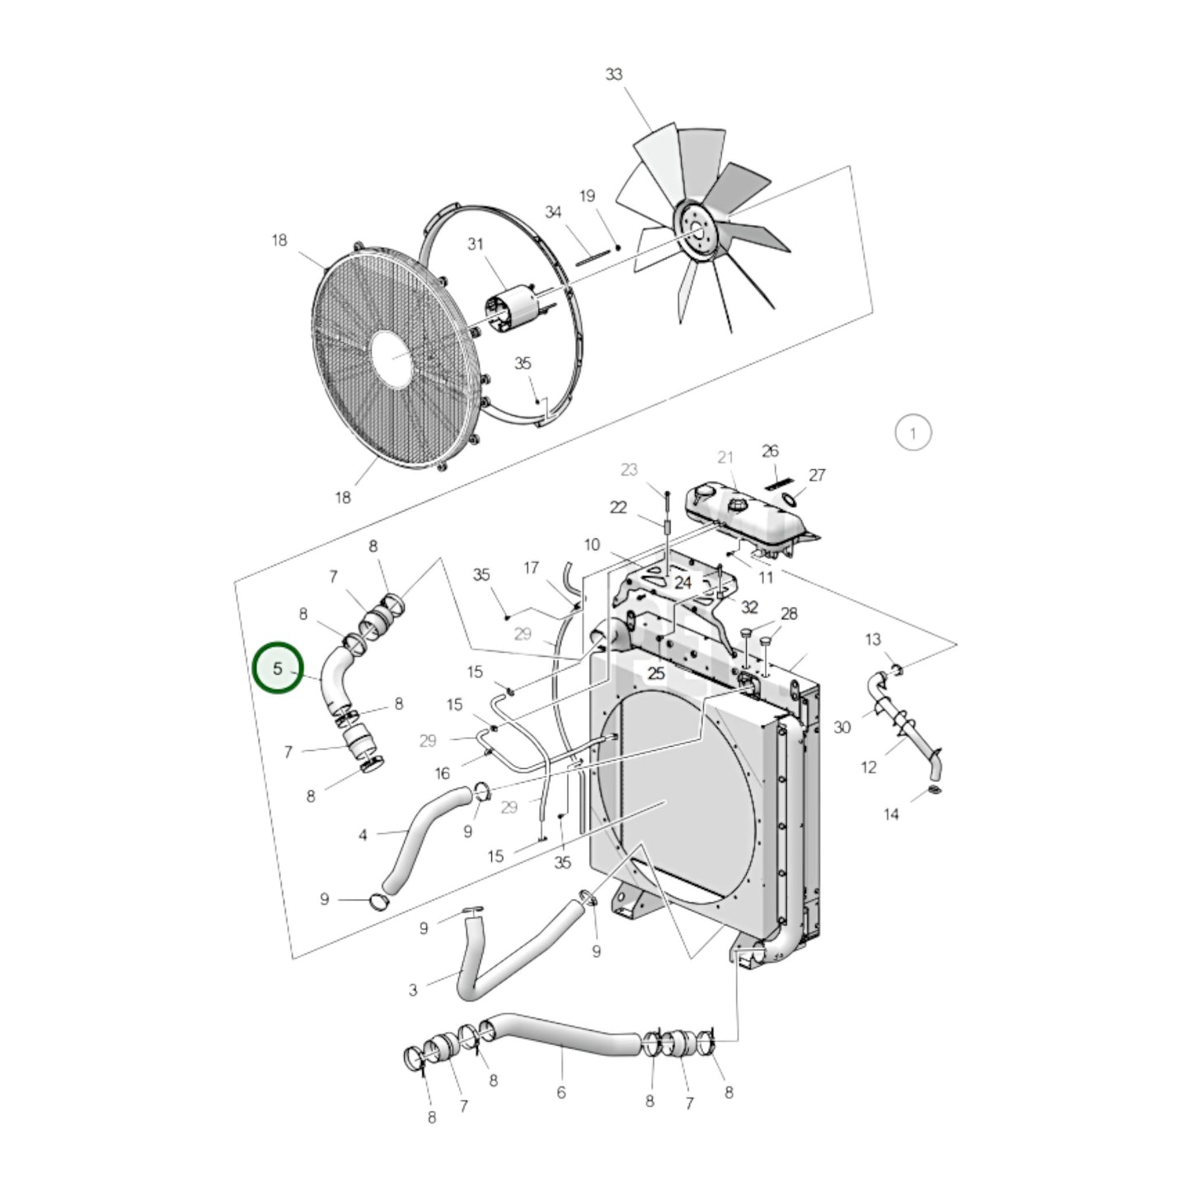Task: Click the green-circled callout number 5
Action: point(278,668)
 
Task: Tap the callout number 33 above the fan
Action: point(613,74)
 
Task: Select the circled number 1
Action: point(913,433)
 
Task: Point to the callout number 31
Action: point(475,244)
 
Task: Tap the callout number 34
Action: point(553,212)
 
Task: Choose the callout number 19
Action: point(587,196)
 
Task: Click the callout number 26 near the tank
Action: point(770,451)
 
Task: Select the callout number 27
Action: point(817,475)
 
